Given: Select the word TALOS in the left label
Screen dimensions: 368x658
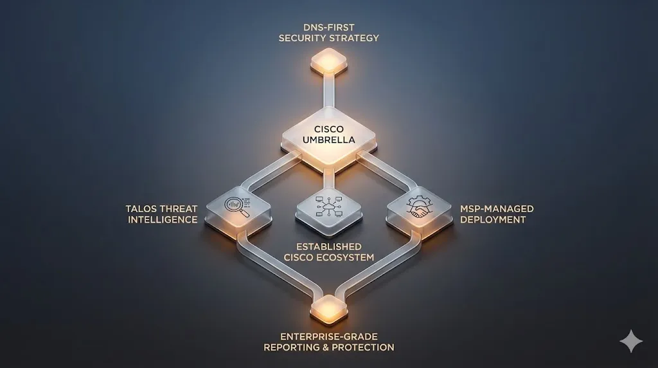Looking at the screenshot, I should click(141, 209).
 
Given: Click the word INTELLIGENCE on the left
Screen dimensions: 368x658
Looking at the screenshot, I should click(163, 220).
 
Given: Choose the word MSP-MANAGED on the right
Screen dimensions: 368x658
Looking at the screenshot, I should click(497, 209).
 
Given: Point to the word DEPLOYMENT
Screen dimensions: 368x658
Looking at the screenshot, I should click(493, 220).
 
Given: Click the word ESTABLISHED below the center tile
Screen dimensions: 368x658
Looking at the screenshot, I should click(328, 247).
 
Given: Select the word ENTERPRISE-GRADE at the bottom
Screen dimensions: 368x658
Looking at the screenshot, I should click(328, 336).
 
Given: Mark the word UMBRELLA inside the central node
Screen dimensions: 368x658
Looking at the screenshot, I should click(329, 140).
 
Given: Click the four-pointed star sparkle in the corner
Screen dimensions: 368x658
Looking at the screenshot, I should click(631, 341).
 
